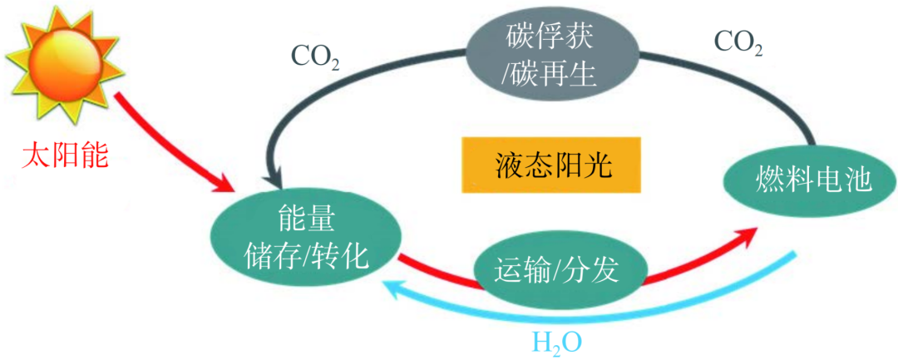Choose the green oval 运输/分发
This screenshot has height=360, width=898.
558,270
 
